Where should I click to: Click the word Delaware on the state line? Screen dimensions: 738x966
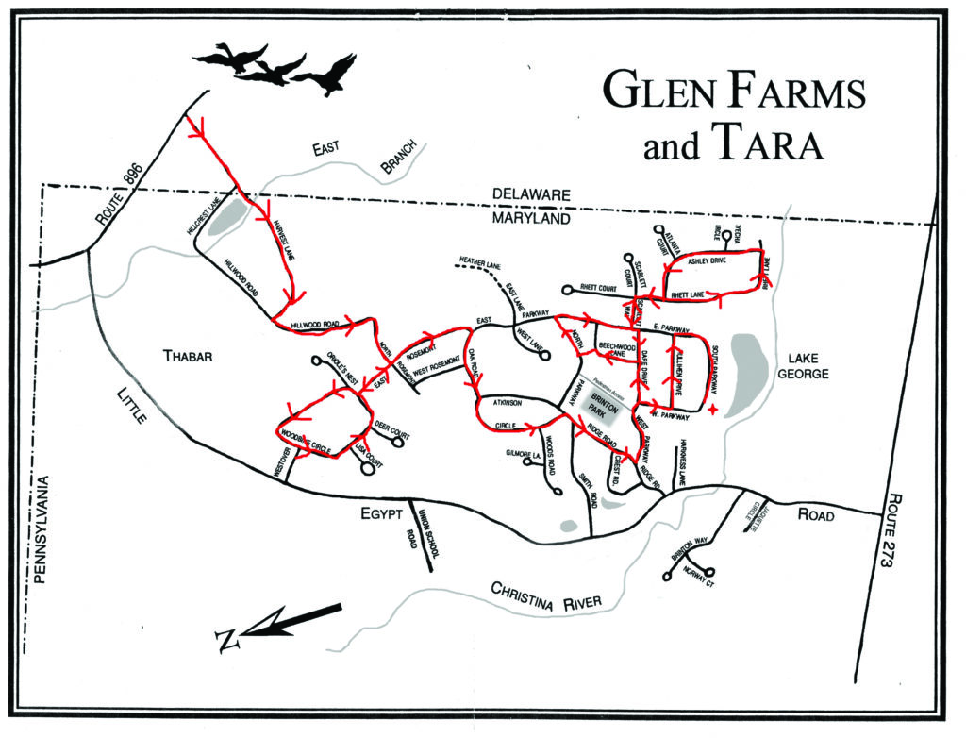pos(531,194)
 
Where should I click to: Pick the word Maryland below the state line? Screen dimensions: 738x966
pos(531,218)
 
